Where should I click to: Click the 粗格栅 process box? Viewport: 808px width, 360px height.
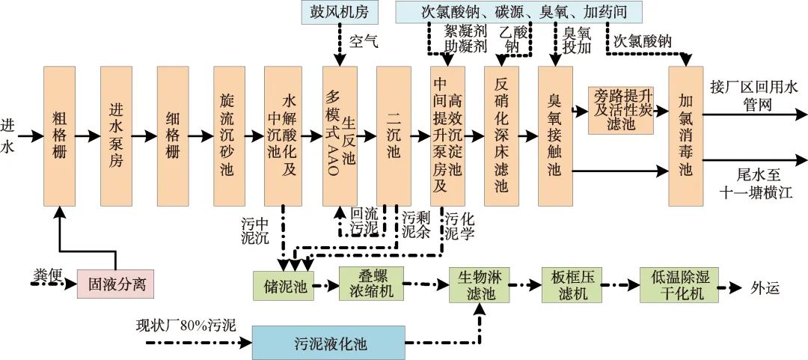coord(61,136)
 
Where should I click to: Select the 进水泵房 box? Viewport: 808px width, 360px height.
coord(116,136)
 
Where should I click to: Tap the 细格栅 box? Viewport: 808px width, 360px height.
coord(173,136)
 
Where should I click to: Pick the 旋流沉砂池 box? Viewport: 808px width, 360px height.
coord(229,136)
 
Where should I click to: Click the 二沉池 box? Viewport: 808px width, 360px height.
coord(394,136)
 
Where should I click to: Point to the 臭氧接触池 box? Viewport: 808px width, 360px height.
coord(554,136)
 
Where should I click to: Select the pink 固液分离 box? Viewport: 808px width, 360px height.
coord(116,284)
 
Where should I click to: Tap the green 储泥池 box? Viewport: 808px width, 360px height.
coord(281,285)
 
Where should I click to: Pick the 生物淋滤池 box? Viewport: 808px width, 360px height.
coord(479,285)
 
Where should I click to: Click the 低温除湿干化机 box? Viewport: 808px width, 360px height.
coord(679,285)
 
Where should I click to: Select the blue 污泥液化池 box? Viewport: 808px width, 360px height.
coord(328,344)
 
